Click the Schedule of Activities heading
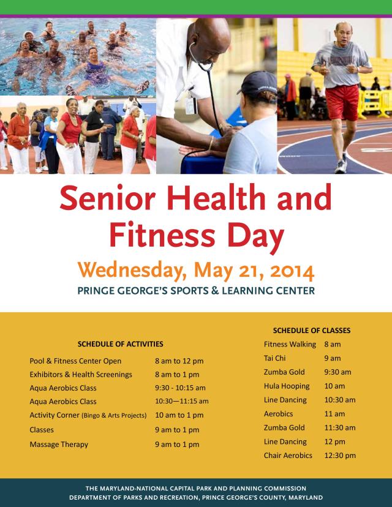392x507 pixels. click(121, 344)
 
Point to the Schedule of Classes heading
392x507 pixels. click(312, 330)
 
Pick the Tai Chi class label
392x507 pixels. click(275, 358)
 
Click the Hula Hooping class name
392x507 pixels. click(287, 386)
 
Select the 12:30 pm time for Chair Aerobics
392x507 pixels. click(340, 456)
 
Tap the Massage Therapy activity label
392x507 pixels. click(59, 445)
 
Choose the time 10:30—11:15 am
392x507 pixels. click(182, 402)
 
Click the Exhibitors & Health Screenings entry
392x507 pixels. click(81, 375)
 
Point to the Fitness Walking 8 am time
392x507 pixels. click(333, 345)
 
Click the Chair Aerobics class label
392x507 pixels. click(288, 456)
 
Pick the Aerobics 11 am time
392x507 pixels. click(335, 414)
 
